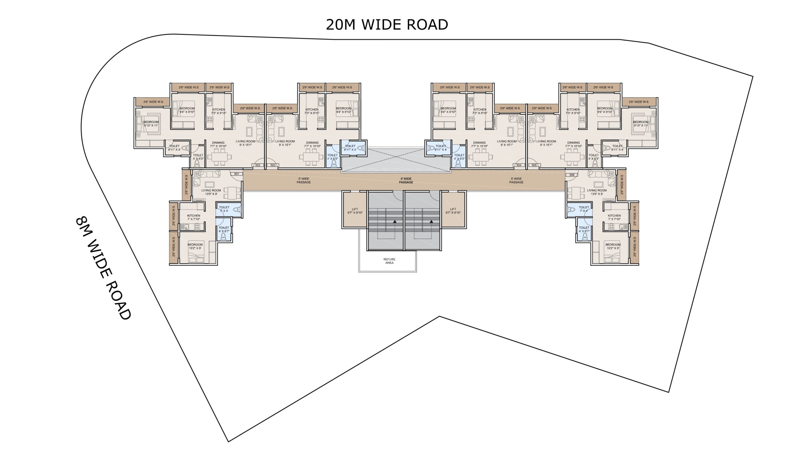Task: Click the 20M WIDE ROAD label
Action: (387, 25)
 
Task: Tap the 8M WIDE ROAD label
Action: (103, 268)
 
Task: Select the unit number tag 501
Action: (236, 174)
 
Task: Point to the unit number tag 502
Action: (258, 165)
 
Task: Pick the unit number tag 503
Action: (273, 165)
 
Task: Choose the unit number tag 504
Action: (519, 165)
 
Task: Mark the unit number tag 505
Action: (534, 165)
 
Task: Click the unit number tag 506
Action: (572, 175)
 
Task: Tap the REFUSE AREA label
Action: (389, 261)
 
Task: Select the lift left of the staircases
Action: (355, 210)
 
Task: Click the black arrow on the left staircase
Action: (395, 222)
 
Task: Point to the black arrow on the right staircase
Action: (431, 222)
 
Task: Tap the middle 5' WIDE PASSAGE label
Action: (406, 181)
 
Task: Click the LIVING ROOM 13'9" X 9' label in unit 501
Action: (211, 192)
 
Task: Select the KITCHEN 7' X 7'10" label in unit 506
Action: (614, 217)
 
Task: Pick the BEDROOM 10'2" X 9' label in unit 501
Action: (195, 246)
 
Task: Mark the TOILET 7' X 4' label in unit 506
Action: (584, 209)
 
